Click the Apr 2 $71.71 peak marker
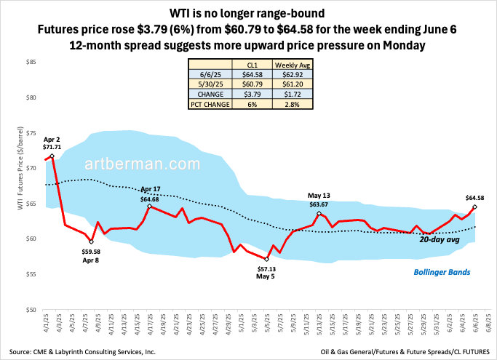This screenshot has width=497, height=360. pos(52,156)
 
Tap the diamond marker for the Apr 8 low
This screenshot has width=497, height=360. pos(91,241)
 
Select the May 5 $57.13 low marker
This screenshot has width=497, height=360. pos(267,259)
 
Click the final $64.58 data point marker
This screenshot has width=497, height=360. pos(474,207)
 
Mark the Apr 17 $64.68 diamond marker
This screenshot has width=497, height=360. pos(149,206)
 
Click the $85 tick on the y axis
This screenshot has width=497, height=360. pos(31,63)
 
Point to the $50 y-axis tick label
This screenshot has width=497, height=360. pos(31,310)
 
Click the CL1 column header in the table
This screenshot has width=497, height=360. pos(251,65)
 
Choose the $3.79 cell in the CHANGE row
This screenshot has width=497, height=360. pos(251,94)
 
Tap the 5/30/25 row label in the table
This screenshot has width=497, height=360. pos(207,84)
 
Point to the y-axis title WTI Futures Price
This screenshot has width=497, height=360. pos(13,186)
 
